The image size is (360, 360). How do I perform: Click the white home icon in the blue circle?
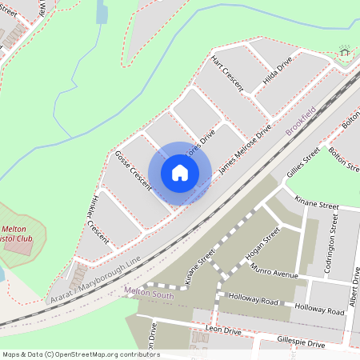(x=180, y=173)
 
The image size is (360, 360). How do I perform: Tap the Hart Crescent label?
(x=227, y=74)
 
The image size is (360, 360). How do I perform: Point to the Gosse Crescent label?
(x=133, y=170)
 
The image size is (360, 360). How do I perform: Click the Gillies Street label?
(x=303, y=162)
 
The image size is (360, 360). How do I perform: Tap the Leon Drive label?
(x=223, y=330)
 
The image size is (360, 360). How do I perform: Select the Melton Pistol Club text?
(x=22, y=238)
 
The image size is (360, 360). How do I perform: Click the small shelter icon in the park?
(x=345, y=51)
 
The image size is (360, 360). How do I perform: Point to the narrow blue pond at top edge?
(x=102, y=12)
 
